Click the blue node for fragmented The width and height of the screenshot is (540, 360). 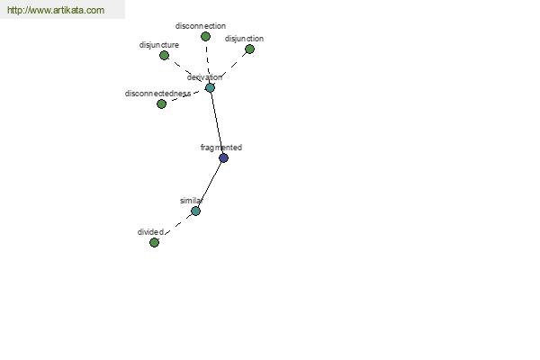[x=223, y=158]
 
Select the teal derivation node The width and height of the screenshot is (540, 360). [x=210, y=88]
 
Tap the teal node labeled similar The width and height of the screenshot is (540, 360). [x=195, y=211]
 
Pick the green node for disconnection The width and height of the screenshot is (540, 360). [x=205, y=36]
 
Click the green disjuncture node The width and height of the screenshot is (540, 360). [x=165, y=55]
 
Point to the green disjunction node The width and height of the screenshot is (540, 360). [x=249, y=49]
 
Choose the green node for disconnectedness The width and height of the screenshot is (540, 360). [x=161, y=103]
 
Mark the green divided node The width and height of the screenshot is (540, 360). [x=154, y=242]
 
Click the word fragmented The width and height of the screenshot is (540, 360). [x=221, y=148]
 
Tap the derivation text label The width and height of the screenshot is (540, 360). [x=204, y=77]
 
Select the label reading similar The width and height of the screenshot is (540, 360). [x=191, y=201]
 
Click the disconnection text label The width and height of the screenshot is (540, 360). [x=201, y=26]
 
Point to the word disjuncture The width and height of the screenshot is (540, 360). [x=159, y=45]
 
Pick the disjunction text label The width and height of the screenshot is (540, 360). [x=244, y=39]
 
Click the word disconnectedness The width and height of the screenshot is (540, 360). [x=157, y=94]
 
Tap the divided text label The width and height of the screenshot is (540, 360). [x=150, y=232]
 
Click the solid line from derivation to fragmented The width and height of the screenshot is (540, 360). [x=217, y=123]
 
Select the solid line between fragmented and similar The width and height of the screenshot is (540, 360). [x=210, y=184]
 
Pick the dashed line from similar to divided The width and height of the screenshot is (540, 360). [x=175, y=227]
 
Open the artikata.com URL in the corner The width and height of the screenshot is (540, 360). [x=56, y=10]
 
